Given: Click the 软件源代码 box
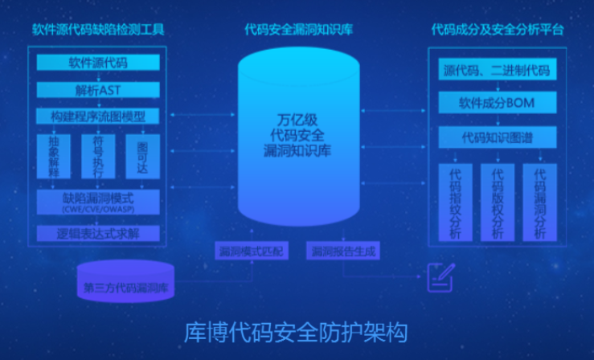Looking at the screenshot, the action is [x=98, y=63].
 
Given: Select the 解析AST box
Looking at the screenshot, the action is [x=98, y=89].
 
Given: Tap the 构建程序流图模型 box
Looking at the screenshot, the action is [x=98, y=116].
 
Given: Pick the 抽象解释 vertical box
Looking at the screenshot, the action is [x=54, y=156].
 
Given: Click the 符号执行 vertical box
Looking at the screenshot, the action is [x=98, y=156].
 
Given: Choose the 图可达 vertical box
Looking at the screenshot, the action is [x=142, y=156].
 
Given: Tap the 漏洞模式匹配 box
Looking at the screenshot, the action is [x=252, y=251].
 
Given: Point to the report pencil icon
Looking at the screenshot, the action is [x=439, y=276].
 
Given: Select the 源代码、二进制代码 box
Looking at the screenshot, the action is [x=497, y=71].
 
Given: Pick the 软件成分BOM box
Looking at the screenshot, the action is [x=497, y=104].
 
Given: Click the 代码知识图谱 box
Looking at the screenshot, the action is [x=497, y=137].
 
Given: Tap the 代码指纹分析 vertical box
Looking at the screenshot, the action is [x=455, y=202].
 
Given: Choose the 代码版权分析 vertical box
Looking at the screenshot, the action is [x=497, y=202].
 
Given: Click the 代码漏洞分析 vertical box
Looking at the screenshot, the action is [x=539, y=202].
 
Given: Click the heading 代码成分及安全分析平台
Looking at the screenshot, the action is [x=497, y=31].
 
